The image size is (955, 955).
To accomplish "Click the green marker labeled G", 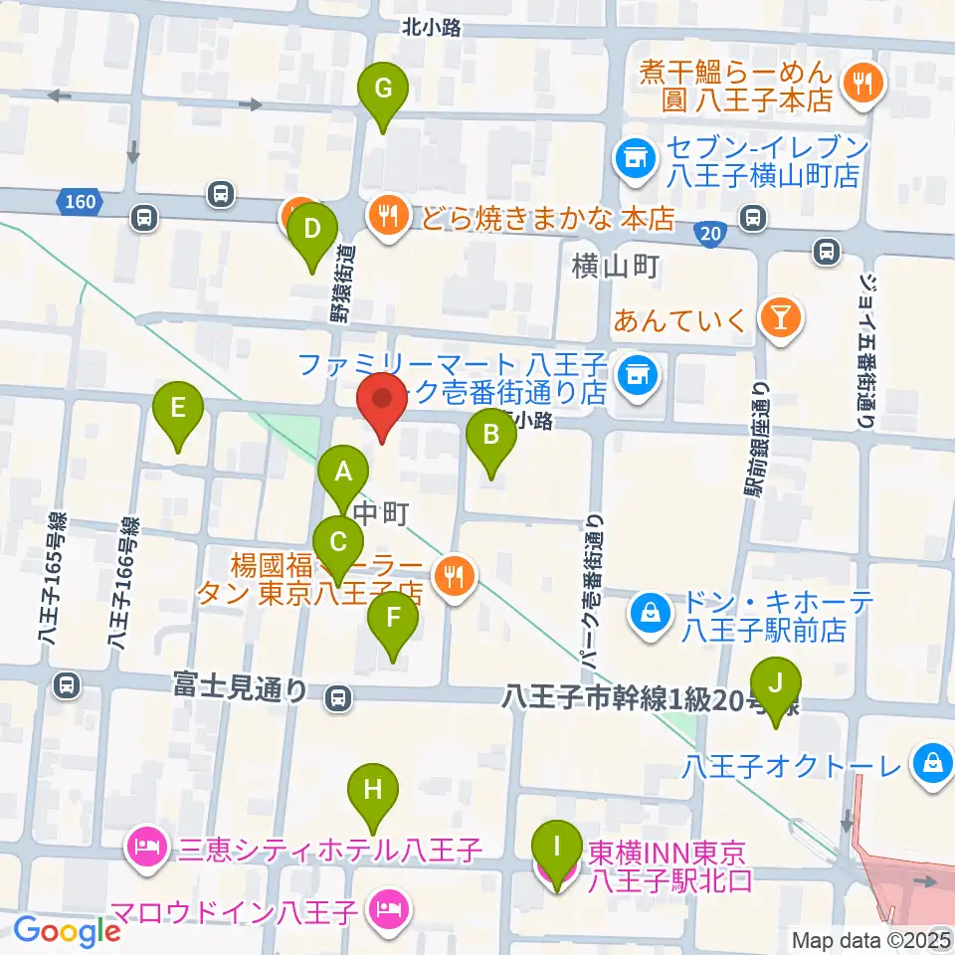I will point(382,90).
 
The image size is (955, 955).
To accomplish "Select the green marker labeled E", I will point(178,409).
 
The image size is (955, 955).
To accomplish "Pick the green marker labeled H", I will point(373,791).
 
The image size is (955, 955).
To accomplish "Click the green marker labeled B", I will point(490,436).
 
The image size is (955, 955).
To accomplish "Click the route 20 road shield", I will point(708,231).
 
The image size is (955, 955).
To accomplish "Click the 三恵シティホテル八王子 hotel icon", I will point(146,850).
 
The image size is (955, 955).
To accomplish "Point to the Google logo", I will point(68,931).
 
